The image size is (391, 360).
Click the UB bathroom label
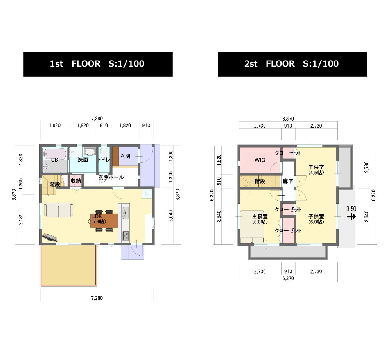pyautogui.click(x=54, y=160)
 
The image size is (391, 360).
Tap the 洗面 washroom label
pyautogui.click(x=83, y=160)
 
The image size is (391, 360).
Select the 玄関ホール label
pyautogui.click(x=111, y=177)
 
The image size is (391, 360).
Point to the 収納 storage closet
pyautogui.click(x=76, y=181)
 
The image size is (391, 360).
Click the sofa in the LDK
pyautogui.click(x=59, y=210)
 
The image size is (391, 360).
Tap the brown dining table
pyautogui.click(x=104, y=221)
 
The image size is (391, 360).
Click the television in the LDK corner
pyautogui.click(x=50, y=238)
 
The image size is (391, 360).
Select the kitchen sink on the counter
pyautogui.click(x=125, y=213)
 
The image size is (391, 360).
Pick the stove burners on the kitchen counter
pyautogui.click(x=126, y=236)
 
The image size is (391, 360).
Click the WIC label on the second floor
pyautogui.click(x=260, y=160)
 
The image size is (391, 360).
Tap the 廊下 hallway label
pyautogui.click(x=288, y=181)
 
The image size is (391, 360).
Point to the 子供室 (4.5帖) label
pyautogui.click(x=316, y=170)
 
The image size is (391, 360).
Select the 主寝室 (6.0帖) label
pyautogui.click(x=260, y=219)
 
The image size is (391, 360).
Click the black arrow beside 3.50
pyautogui.click(x=352, y=216)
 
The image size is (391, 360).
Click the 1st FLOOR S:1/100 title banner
pyautogui.click(x=98, y=64)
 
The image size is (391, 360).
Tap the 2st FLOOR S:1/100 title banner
pyautogui.click(x=292, y=64)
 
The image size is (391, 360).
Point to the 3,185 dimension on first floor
pyautogui.click(x=21, y=219)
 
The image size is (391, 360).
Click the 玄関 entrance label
pyautogui.click(x=125, y=157)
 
